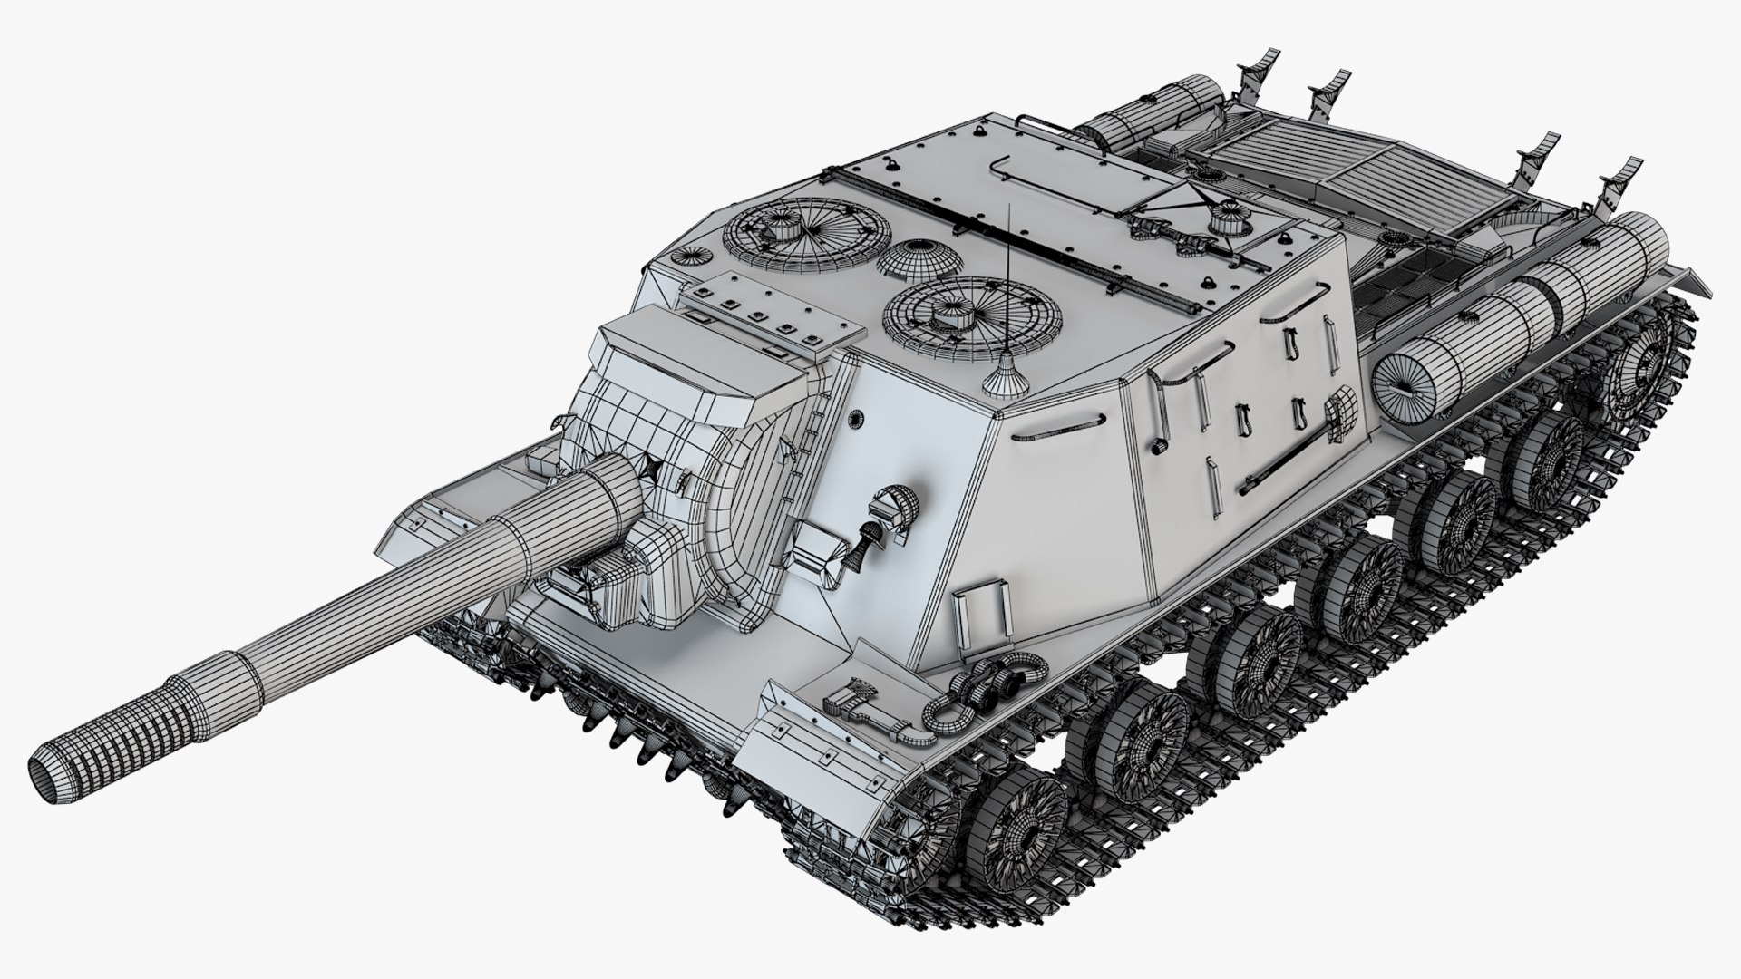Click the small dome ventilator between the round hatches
tap(919, 259)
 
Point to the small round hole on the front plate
tap(855, 418)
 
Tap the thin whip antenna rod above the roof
tap(1009, 281)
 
